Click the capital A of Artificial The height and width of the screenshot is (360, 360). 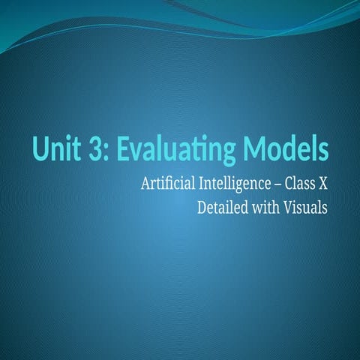[x=145, y=183]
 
